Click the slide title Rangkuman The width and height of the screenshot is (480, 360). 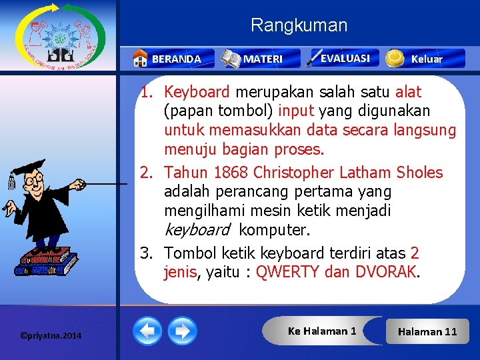pos(299,26)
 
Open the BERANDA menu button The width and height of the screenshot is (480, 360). pos(167,59)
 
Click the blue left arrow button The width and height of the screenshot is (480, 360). pos(147,331)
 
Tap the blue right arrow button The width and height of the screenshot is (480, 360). pos(182,331)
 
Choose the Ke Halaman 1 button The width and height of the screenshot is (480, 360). pos(322,331)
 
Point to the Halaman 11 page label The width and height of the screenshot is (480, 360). pos(427,331)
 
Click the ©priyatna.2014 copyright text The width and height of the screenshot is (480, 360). pos(51,335)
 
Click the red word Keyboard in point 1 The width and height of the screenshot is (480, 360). pos(197,91)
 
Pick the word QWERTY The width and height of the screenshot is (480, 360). pos(287,272)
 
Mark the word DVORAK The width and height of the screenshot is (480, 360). pos(386,272)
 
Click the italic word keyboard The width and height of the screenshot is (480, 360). pos(197,231)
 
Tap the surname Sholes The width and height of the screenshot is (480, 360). pos(419,173)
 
